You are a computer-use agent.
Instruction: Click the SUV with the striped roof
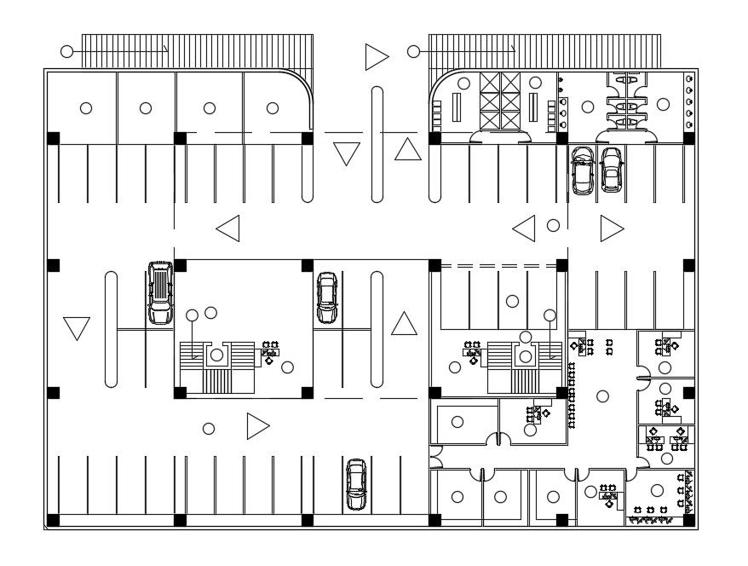tap(159, 292)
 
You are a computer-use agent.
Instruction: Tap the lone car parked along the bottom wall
tap(355, 484)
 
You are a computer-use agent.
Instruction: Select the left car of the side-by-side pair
tap(583, 170)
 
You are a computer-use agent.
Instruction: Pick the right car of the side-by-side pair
tap(611, 169)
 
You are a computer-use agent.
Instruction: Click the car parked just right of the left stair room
tap(326, 297)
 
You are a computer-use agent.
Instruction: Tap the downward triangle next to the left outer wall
tap(77, 327)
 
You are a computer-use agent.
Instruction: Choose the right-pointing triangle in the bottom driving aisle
tap(256, 426)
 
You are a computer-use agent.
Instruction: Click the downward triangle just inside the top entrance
tap(347, 153)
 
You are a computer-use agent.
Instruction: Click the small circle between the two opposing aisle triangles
tap(553, 226)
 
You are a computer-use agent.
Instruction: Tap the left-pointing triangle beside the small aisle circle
tap(524, 228)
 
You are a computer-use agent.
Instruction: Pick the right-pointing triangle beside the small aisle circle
tap(610, 228)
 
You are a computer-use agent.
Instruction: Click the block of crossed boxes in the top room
tap(500, 100)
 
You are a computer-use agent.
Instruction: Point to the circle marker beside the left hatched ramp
tap(66, 52)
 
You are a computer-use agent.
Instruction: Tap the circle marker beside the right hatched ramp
tap(413, 52)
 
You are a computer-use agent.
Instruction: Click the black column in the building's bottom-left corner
tap(54, 519)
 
